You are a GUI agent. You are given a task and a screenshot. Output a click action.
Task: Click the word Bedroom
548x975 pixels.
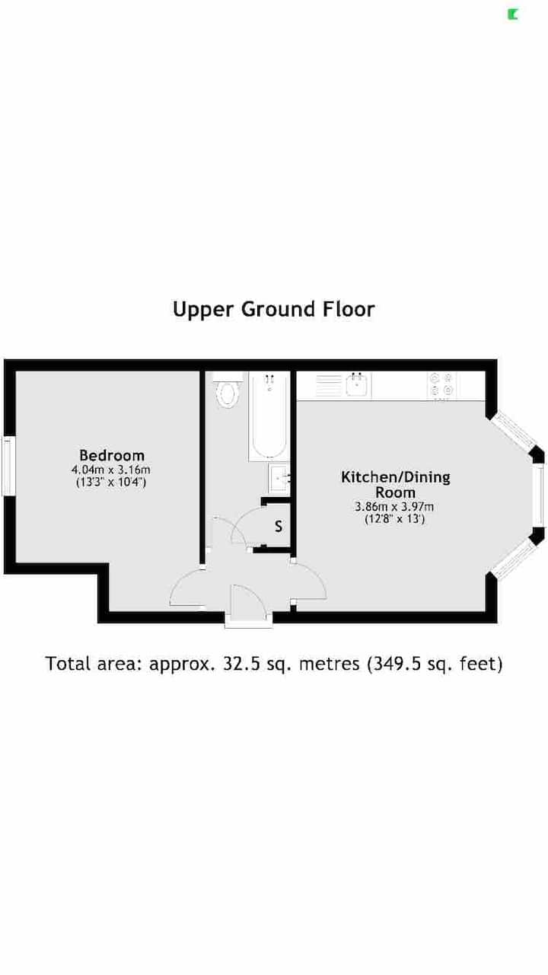pyautogui.click(x=112, y=455)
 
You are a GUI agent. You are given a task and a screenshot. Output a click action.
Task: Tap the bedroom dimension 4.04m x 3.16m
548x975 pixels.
pyautogui.click(x=111, y=470)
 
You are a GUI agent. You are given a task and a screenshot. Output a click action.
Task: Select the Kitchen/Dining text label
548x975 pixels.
pyautogui.click(x=396, y=477)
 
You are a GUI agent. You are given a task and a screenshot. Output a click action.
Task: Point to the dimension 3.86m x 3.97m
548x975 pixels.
pyautogui.click(x=395, y=507)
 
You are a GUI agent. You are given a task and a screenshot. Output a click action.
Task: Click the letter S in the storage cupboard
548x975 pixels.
pyautogui.click(x=279, y=526)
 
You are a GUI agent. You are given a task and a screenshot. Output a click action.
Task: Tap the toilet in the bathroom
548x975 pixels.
pyautogui.click(x=228, y=393)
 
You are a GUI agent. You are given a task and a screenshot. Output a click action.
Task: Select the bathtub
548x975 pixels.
pyautogui.click(x=269, y=416)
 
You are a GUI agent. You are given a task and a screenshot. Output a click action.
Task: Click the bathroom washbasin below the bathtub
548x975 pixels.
pyautogui.click(x=279, y=478)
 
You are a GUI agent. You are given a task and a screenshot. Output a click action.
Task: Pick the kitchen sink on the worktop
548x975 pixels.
pyautogui.click(x=357, y=385)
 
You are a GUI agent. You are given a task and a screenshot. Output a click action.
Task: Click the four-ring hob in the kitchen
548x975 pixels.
pyautogui.click(x=441, y=385)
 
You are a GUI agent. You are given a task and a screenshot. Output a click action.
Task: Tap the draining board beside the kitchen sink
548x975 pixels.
pyautogui.click(x=329, y=385)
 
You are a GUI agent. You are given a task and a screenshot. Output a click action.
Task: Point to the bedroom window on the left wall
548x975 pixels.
pyautogui.click(x=8, y=467)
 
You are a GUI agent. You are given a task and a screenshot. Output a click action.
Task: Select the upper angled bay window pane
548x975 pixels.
pyautogui.click(x=513, y=432)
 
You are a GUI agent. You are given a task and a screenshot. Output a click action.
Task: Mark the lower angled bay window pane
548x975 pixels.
pyautogui.click(x=514, y=561)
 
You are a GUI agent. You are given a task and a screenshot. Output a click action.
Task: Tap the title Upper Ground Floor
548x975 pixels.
pyautogui.click(x=274, y=309)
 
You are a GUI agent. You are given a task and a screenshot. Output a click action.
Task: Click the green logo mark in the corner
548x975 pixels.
pyautogui.click(x=512, y=14)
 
